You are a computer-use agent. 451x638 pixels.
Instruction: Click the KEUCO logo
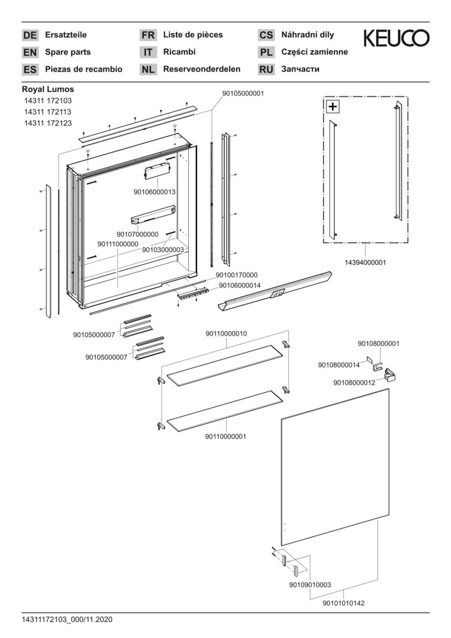[x=396, y=38]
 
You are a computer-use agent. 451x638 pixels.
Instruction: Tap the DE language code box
[x=30, y=35]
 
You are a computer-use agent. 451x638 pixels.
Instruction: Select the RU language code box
[x=266, y=69]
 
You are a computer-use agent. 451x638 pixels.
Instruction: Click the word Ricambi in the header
[x=179, y=52]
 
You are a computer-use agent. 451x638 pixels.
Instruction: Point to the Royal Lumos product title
[x=48, y=89]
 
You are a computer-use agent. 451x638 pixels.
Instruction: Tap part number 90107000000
[x=138, y=234]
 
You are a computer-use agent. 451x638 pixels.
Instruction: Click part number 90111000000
[x=118, y=243]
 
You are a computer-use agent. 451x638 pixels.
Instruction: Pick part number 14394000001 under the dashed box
[x=366, y=262]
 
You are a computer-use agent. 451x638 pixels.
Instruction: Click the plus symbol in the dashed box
[x=334, y=107]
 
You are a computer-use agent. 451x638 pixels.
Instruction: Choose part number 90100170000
[x=237, y=275]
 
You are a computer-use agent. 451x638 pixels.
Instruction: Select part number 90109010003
[x=310, y=585]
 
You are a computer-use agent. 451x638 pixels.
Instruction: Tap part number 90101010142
[x=344, y=603]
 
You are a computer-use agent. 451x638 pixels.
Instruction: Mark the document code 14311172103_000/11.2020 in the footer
[x=67, y=620]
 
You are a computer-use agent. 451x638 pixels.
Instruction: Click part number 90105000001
[x=243, y=93]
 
